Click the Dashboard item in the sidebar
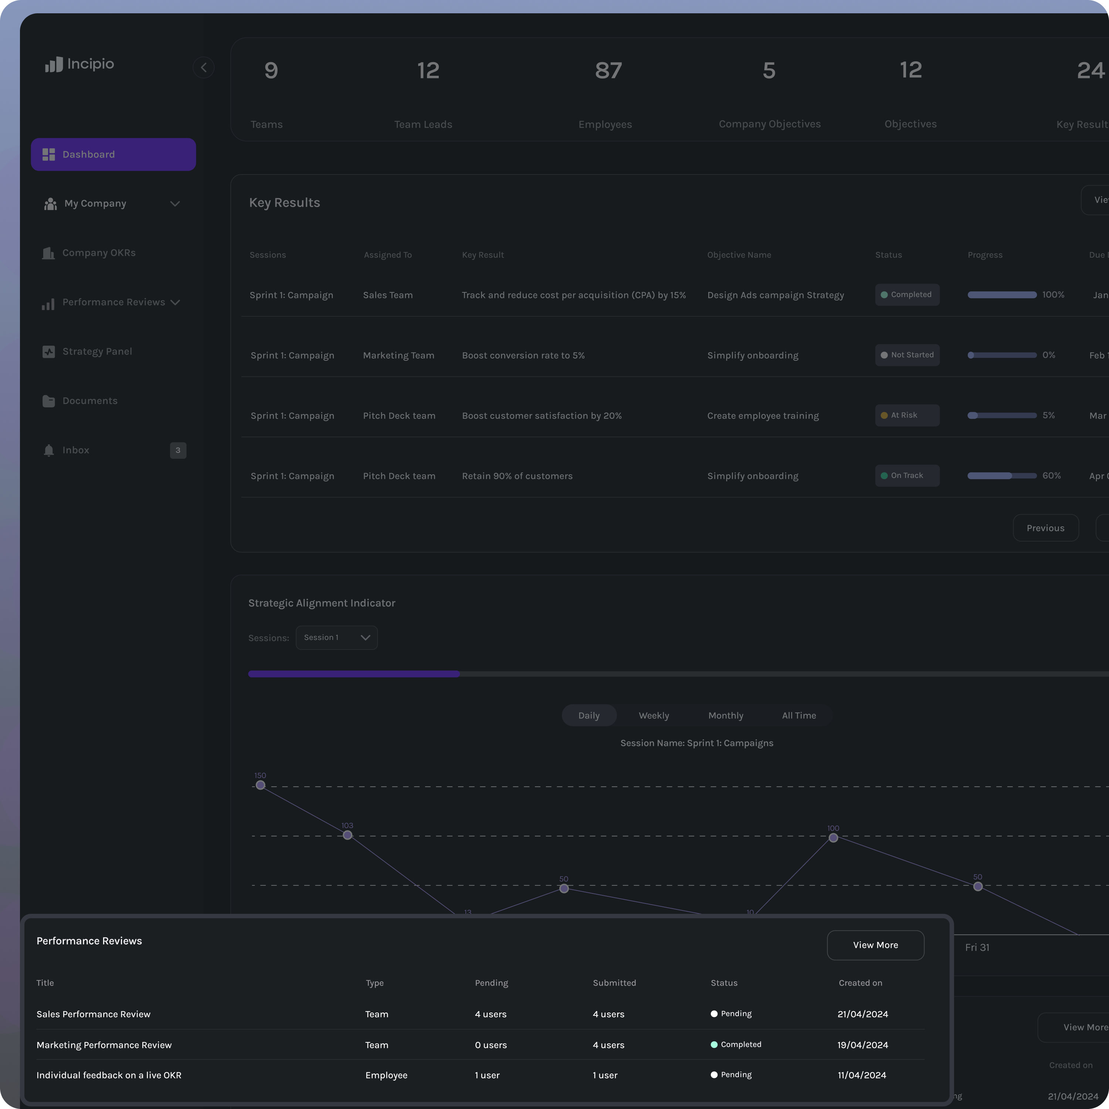click(113, 155)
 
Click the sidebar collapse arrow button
click(204, 68)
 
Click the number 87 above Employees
click(608, 71)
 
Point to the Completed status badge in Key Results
click(907, 295)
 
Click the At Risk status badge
click(907, 416)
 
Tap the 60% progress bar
click(1002, 476)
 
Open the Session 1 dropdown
click(336, 638)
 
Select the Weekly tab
click(654, 716)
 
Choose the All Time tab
click(798, 716)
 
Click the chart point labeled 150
click(261, 785)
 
